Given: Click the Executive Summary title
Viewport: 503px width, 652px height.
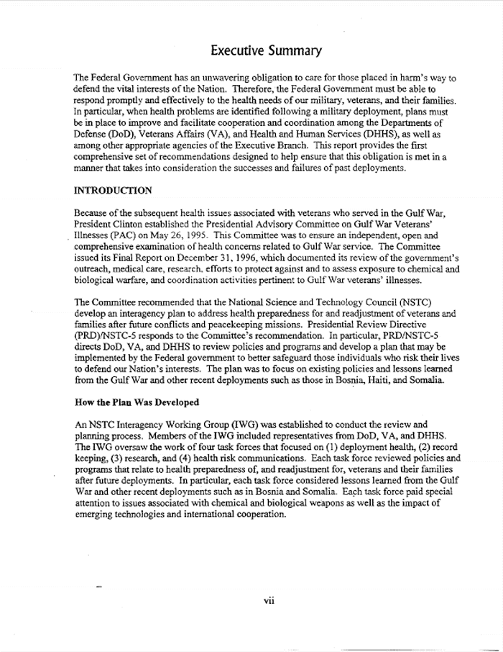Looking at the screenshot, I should click(x=266, y=51).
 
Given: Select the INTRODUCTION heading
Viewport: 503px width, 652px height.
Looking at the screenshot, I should click(x=113, y=191).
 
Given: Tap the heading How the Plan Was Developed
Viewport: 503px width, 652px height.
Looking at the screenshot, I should click(x=137, y=402).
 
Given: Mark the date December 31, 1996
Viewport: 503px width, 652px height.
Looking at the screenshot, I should click(x=208, y=256).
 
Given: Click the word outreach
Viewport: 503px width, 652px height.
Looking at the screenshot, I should click(x=93, y=267).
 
